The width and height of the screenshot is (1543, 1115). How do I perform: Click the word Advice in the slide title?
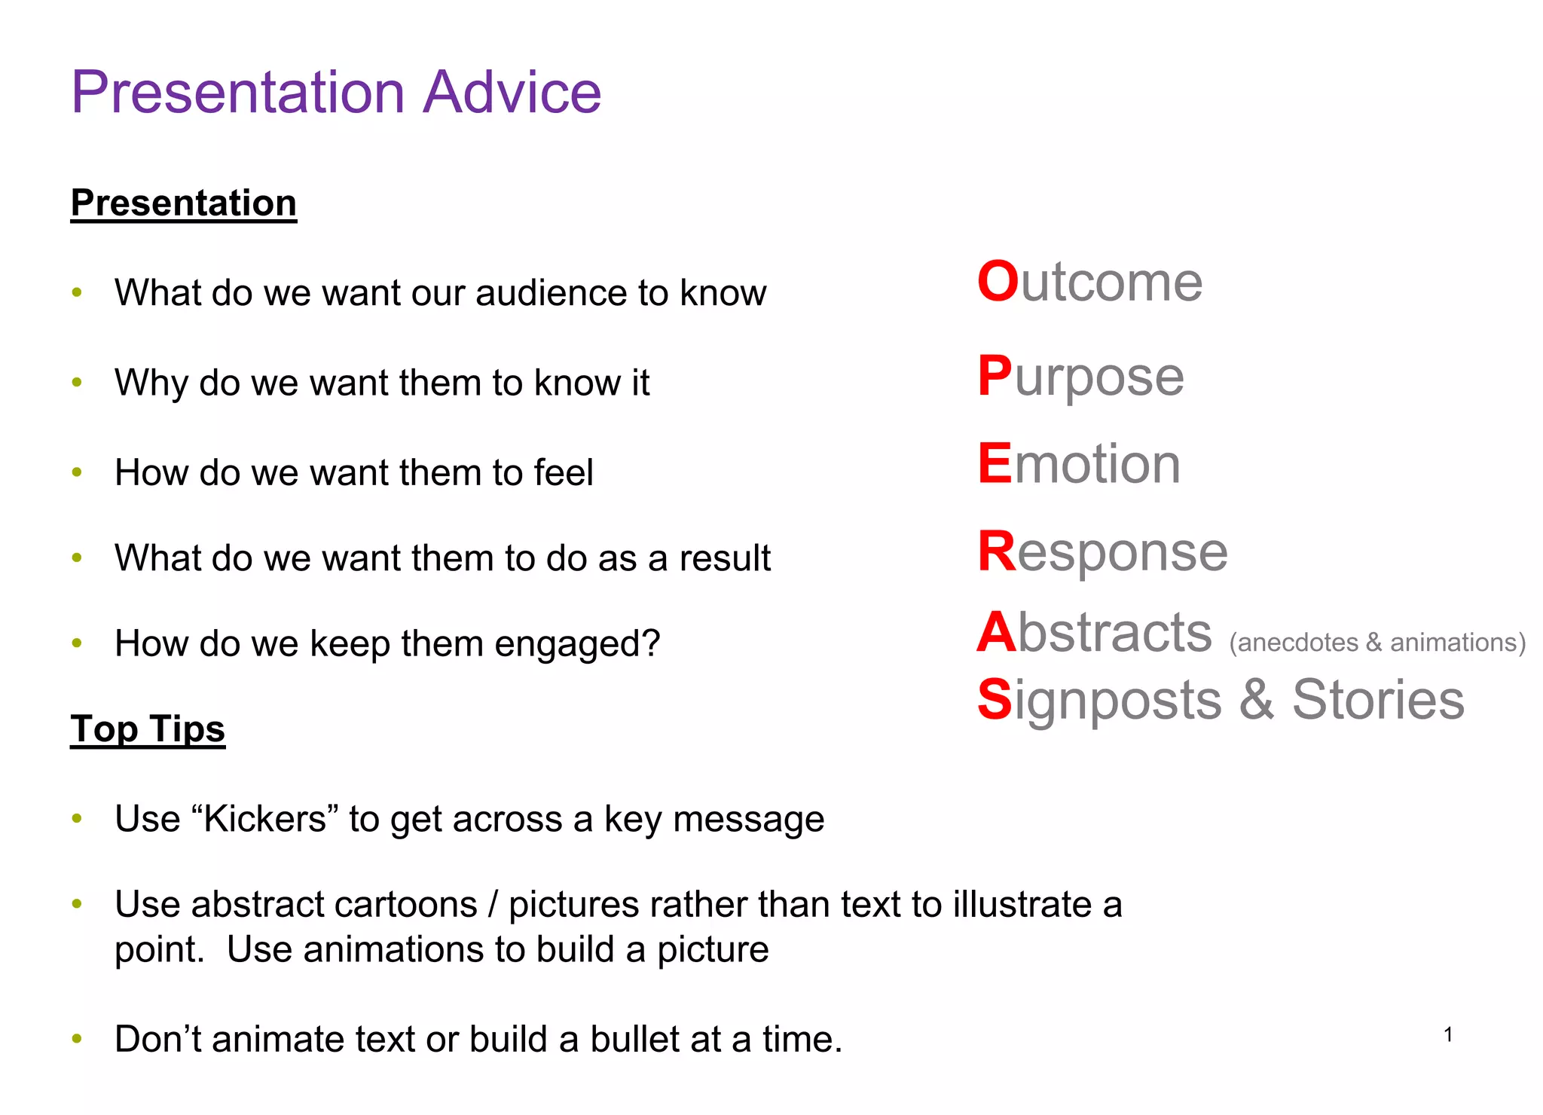[x=512, y=92]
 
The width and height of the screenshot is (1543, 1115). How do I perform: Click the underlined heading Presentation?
[x=184, y=203]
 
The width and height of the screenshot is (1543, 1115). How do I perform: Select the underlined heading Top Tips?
[x=148, y=729]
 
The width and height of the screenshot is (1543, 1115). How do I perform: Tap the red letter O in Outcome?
[x=998, y=282]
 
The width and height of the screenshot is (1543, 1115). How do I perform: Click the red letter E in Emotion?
[x=995, y=463]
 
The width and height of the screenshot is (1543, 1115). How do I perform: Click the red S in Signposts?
[x=995, y=699]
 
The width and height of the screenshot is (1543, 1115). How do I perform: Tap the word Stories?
[x=1378, y=699]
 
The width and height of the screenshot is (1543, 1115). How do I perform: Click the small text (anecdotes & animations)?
[x=1377, y=642]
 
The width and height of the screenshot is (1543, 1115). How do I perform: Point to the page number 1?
[x=1448, y=1035]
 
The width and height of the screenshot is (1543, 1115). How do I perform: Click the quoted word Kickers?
[x=265, y=818]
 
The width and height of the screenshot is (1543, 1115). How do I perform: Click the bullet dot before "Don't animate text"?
[x=77, y=1039]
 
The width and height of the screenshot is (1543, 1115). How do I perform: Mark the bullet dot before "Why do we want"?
[x=77, y=383]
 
